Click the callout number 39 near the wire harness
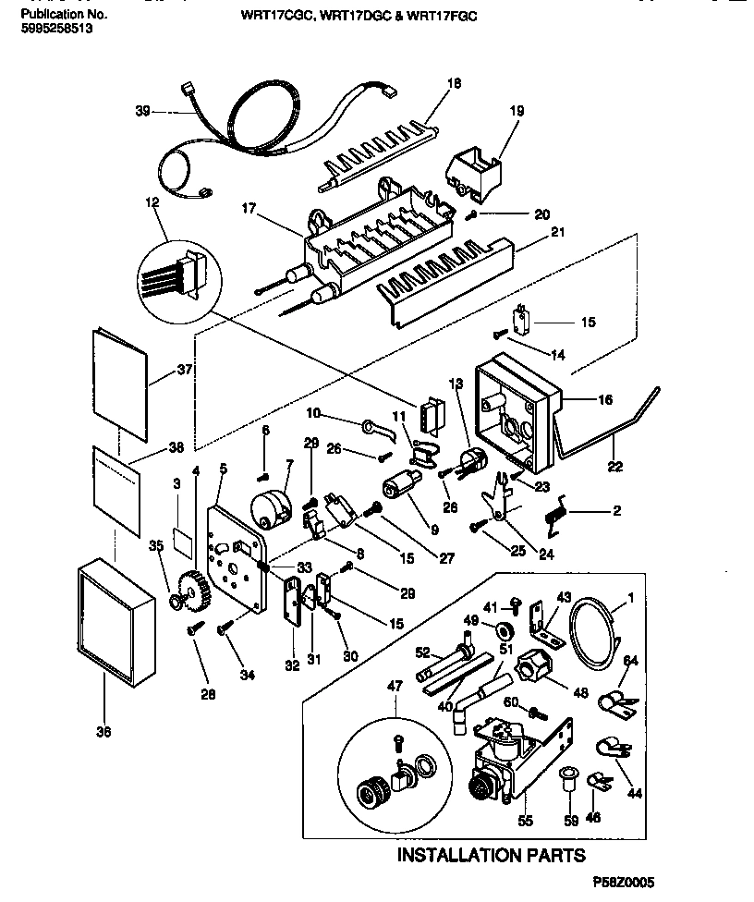click(x=142, y=111)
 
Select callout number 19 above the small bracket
click(x=516, y=111)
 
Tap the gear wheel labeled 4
click(x=189, y=589)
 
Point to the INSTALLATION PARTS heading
click(x=491, y=855)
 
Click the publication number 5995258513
click(x=55, y=29)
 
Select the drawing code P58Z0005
click(x=624, y=884)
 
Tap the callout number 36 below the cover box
click(x=103, y=732)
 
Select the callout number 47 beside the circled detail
click(x=397, y=687)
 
